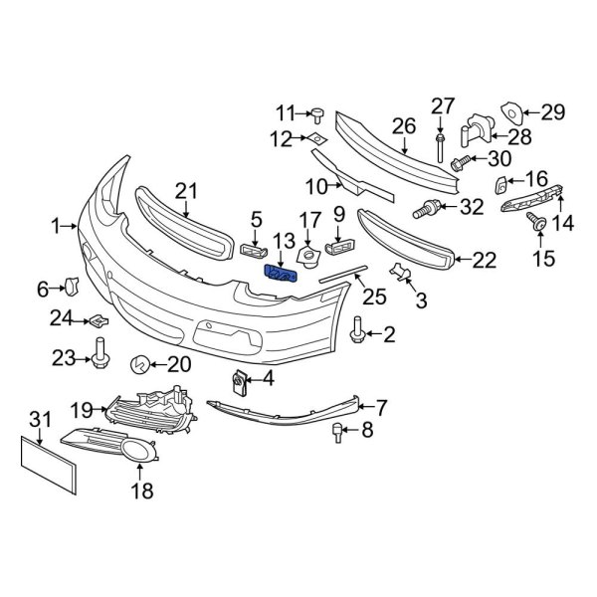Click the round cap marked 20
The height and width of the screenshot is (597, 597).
[141, 365]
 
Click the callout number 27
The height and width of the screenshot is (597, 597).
[442, 105]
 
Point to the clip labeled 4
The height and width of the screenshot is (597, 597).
[239, 382]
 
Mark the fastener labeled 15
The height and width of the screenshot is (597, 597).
[537, 227]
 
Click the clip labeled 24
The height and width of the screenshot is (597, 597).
[99, 320]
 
